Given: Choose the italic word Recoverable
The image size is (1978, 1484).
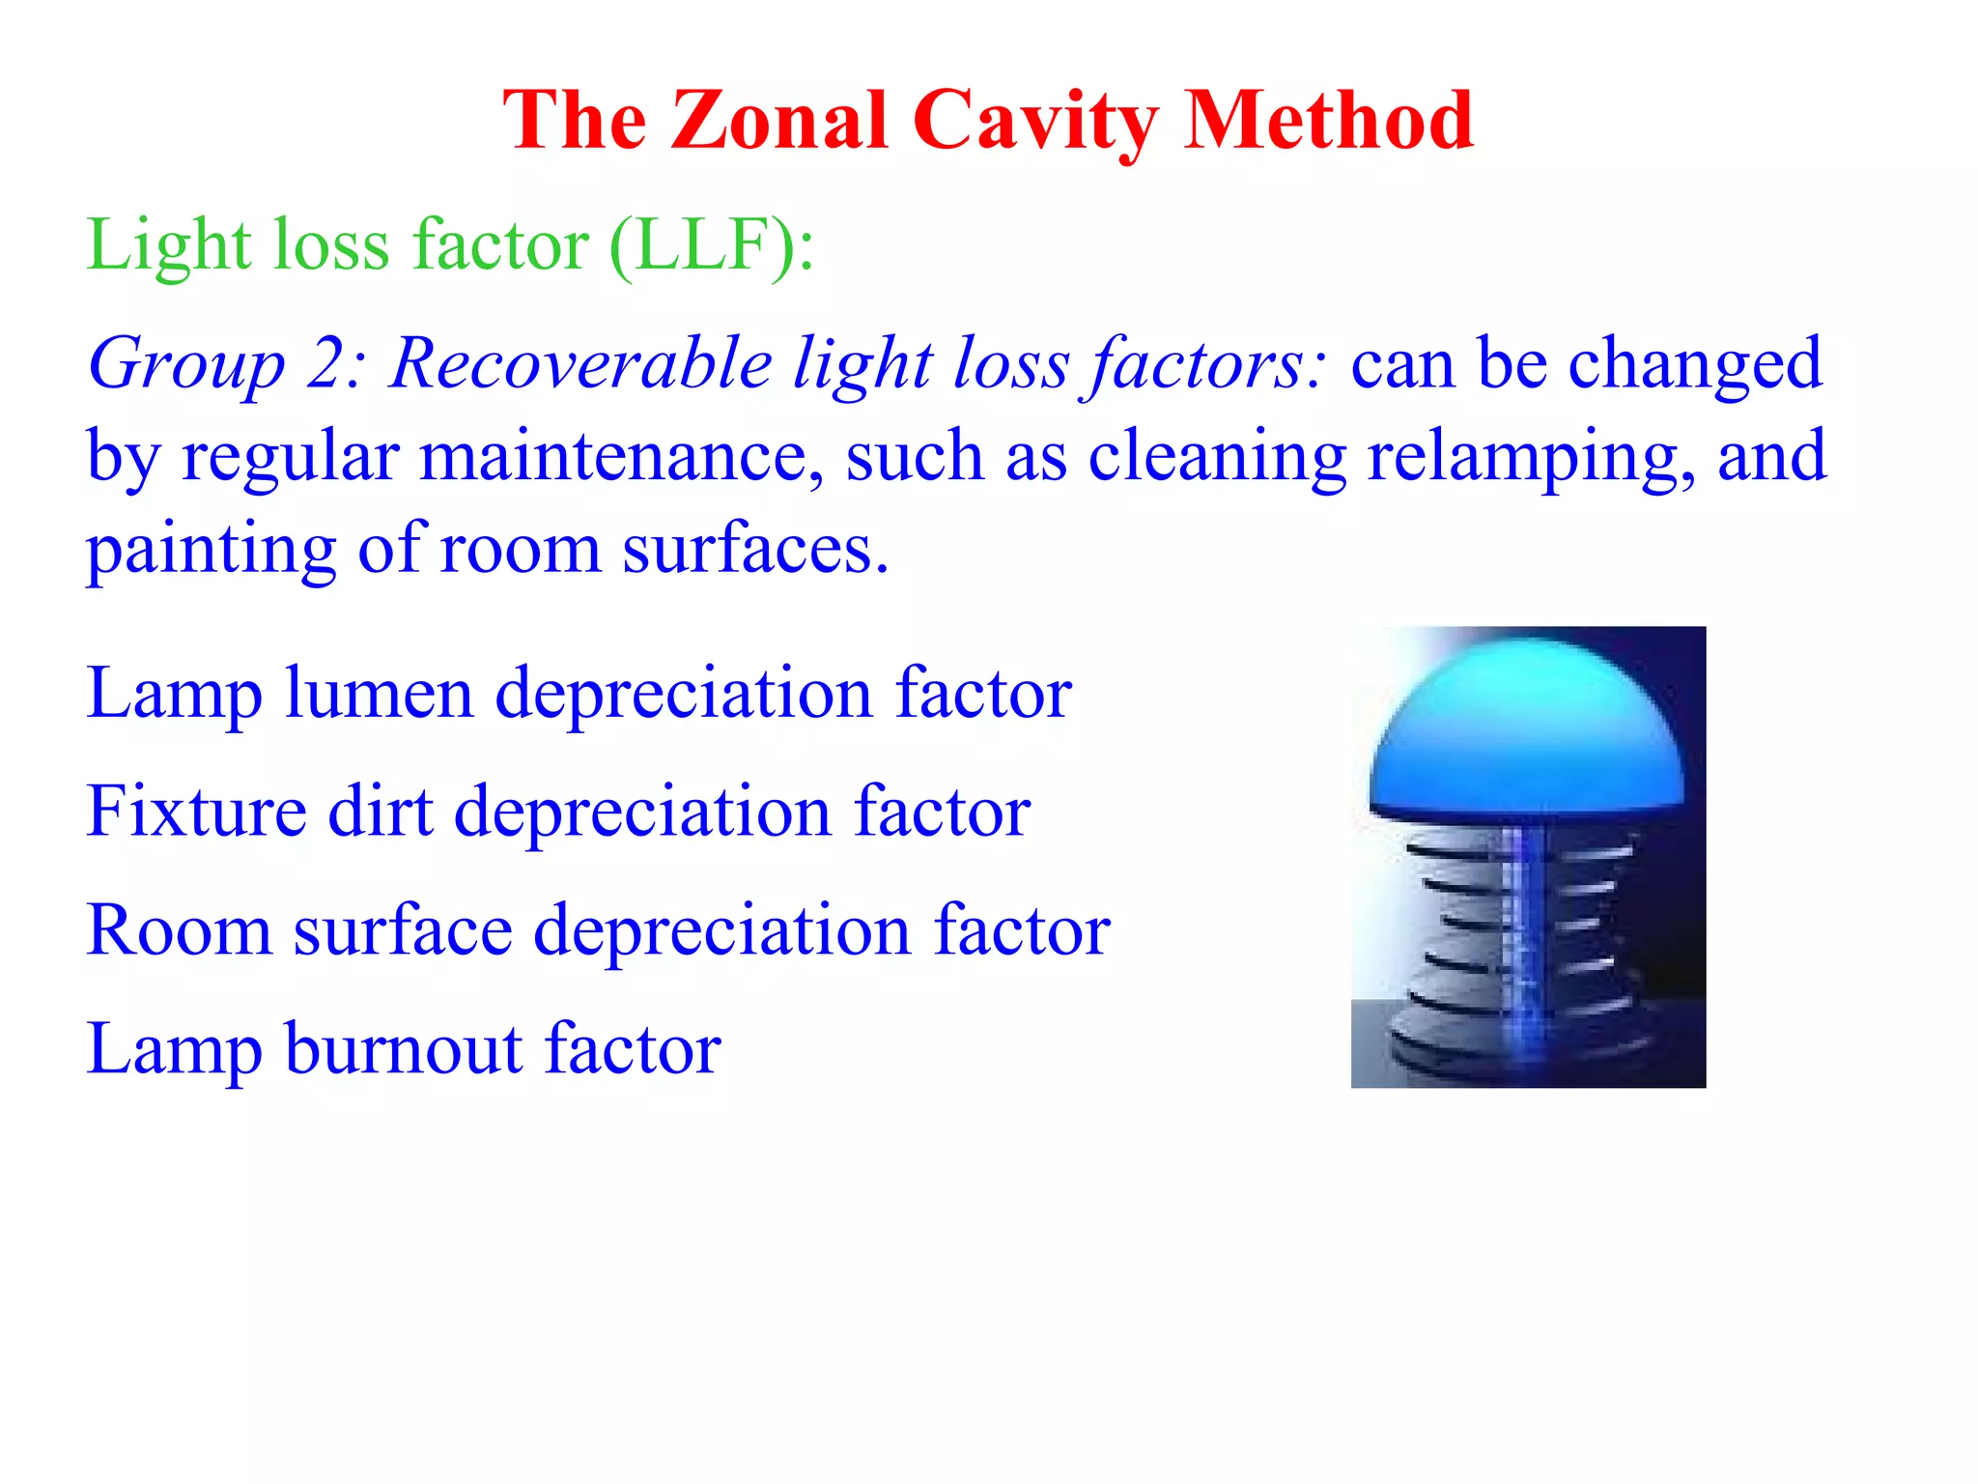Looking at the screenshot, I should pos(581,364).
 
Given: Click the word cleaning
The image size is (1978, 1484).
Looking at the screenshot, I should pos(1217,458).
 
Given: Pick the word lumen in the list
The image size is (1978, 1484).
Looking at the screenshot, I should pos(379,693).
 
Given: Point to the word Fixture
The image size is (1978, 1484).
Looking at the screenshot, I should pos(196,811).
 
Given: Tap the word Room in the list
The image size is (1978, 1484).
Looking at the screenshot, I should pos(179,929).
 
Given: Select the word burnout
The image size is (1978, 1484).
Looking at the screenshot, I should pos(404,1048).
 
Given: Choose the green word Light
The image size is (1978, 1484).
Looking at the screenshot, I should pos(169,245).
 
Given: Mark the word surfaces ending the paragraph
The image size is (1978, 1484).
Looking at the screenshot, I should pos(754,549).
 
